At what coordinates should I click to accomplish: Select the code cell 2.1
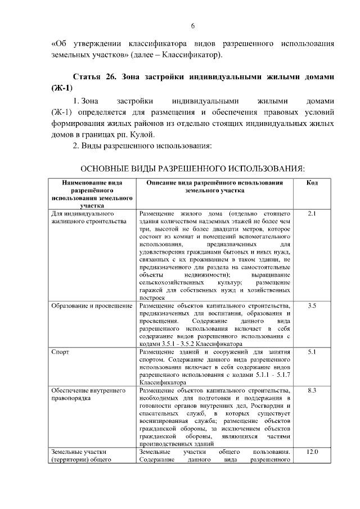pyautogui.click(x=312, y=214)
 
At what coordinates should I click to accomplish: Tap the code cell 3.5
pyautogui.click(x=312, y=305)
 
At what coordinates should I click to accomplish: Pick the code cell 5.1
pyautogui.click(x=312, y=352)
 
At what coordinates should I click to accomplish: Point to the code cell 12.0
pyautogui.click(x=312, y=452)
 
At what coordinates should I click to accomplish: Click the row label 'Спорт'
pyautogui.click(x=60, y=352)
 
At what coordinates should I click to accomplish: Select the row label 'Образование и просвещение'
pyautogui.click(x=91, y=305)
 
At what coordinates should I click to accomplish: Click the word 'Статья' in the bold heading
pyautogui.click(x=92, y=76)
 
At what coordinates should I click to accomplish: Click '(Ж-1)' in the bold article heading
pyautogui.click(x=62, y=88)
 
